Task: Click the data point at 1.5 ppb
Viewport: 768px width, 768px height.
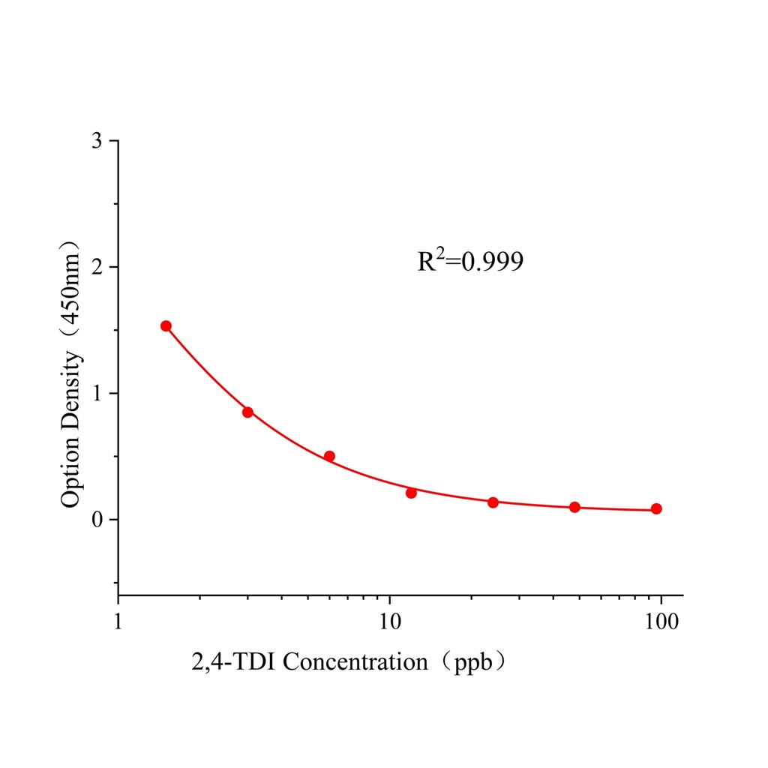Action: pyautogui.click(x=166, y=325)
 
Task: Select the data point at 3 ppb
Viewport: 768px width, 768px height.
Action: pyautogui.click(x=247, y=412)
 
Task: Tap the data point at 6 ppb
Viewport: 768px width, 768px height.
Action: pyautogui.click(x=329, y=456)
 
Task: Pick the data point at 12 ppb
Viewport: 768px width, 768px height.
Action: pyautogui.click(x=411, y=493)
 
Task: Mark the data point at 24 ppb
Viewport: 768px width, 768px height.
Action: pyautogui.click(x=493, y=502)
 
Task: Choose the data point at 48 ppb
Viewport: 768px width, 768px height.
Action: pyautogui.click(x=574, y=507)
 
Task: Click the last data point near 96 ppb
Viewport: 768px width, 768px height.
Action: pyautogui.click(x=656, y=508)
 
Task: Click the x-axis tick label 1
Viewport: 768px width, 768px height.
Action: pyautogui.click(x=118, y=622)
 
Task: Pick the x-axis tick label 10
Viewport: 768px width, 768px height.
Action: pyautogui.click(x=389, y=622)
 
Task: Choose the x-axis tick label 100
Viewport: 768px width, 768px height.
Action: pyautogui.click(x=661, y=622)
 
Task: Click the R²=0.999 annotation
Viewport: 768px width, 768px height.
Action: pyautogui.click(x=470, y=261)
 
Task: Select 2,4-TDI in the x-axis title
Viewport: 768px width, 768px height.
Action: pyautogui.click(x=234, y=662)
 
